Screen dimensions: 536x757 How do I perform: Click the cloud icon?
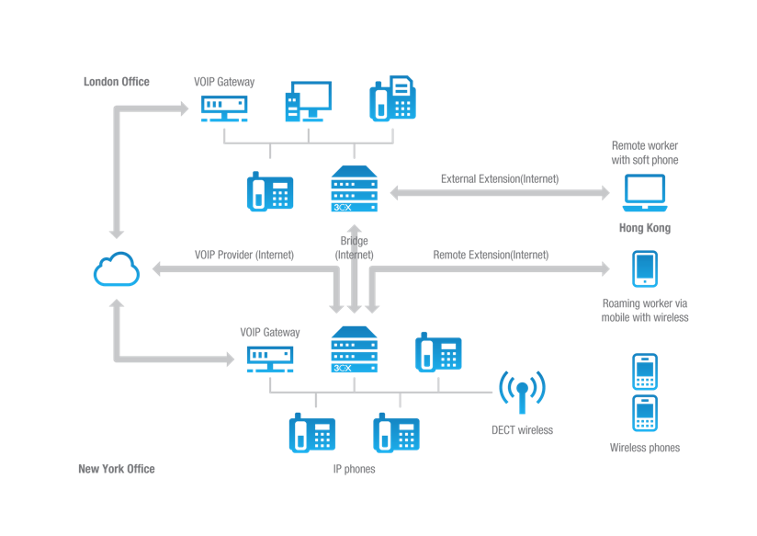click(117, 270)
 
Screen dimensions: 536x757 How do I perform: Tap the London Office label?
click(117, 82)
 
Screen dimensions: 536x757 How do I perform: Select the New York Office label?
click(117, 469)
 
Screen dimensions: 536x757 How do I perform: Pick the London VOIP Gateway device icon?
click(224, 107)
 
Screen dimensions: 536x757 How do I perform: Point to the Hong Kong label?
click(644, 228)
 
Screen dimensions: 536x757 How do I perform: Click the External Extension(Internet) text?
click(499, 178)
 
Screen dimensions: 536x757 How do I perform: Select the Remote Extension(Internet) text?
click(491, 255)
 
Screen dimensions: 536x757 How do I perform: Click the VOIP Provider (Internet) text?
click(243, 255)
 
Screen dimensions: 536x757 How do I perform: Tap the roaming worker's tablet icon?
click(645, 268)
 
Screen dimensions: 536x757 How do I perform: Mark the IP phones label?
click(354, 469)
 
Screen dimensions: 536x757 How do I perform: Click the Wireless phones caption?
click(645, 448)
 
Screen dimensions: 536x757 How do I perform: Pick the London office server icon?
click(354, 188)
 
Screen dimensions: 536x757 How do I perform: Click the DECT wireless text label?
click(522, 429)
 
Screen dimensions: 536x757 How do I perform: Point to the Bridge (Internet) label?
click(354, 247)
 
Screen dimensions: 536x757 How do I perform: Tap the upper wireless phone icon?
click(645, 371)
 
